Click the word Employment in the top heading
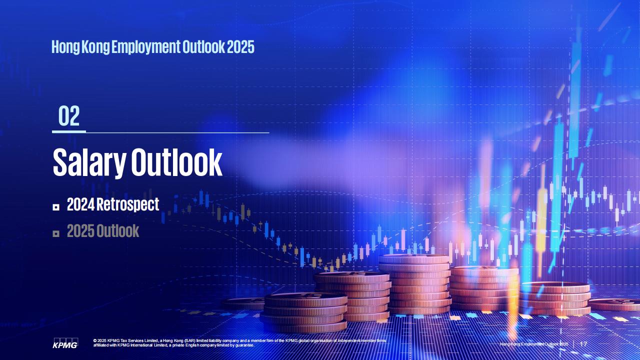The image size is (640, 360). tap(145, 47)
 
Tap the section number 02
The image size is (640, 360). tap(69, 116)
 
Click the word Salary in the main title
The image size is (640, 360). tap(89, 162)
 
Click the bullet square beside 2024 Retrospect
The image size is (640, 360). tap(56, 207)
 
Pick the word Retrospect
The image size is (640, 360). tap(127, 204)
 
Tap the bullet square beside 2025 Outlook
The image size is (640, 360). tap(56, 233)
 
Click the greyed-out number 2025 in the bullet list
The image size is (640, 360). tap(80, 231)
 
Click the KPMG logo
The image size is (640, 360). tap(65, 343)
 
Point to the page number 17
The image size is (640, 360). tap(583, 344)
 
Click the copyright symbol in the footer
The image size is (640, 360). tap(95, 341)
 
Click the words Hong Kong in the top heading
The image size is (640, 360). tap(80, 47)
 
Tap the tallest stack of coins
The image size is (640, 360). tap(414, 284)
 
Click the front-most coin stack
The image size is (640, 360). tap(304, 313)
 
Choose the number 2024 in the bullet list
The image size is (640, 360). tap(80, 204)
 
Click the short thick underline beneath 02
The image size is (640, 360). tap(69, 131)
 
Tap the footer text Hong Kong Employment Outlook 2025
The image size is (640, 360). tap(534, 344)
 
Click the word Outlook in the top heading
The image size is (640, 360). tap(203, 47)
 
